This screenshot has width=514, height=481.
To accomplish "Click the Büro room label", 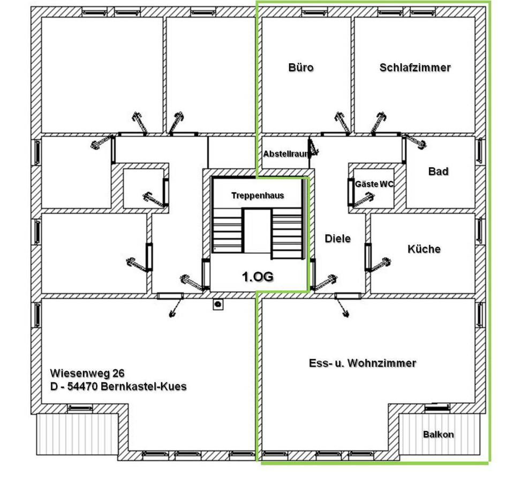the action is [301, 67].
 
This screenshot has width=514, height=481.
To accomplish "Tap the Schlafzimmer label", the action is [415, 67].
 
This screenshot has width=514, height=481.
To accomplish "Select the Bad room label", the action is [438, 171].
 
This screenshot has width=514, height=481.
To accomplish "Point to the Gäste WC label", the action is [374, 184].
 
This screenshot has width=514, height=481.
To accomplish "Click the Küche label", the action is [424, 249].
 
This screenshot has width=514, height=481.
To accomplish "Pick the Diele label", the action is [338, 238].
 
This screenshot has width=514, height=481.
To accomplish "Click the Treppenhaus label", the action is [258, 196].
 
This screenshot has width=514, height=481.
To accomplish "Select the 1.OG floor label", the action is [258, 276].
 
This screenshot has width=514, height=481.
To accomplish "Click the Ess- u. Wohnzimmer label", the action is [362, 363].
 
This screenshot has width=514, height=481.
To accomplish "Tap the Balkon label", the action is [438, 434].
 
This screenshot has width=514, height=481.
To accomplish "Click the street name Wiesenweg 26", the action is [88, 373].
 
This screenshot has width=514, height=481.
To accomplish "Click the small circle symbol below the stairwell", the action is [218, 304].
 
